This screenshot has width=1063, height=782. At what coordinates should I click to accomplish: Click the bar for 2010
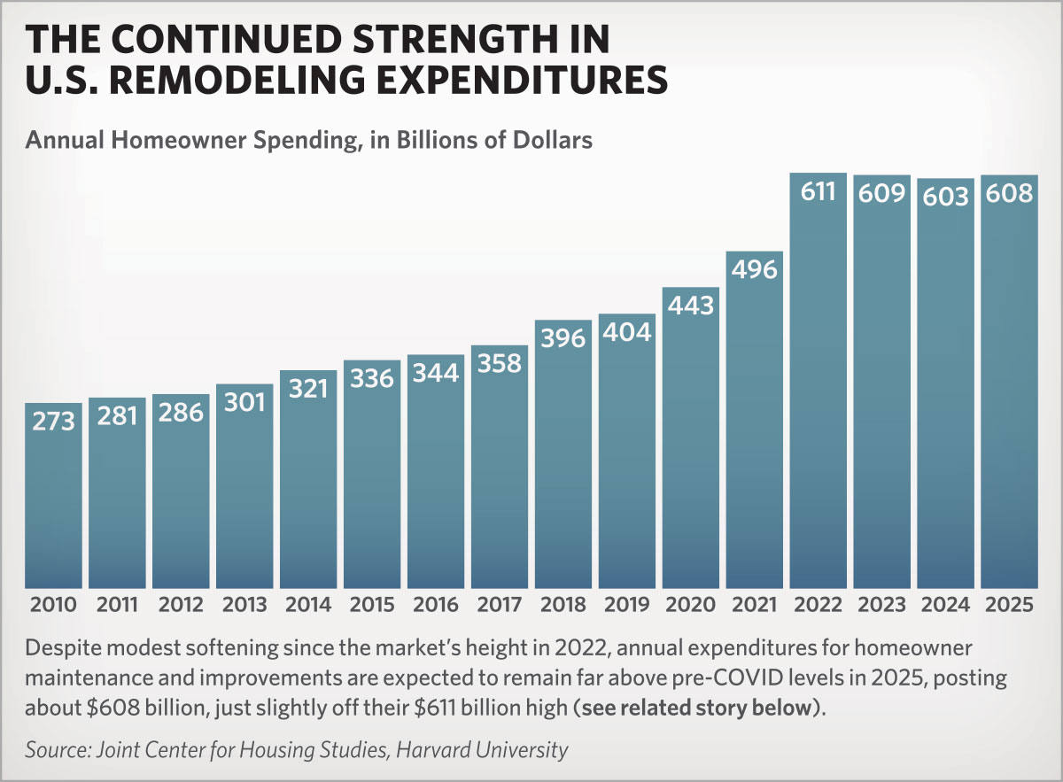click(x=53, y=496)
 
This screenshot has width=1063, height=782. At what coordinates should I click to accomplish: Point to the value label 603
click(x=946, y=196)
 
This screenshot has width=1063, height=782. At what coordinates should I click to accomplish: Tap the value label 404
click(x=627, y=332)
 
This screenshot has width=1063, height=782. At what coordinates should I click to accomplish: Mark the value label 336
click(x=372, y=378)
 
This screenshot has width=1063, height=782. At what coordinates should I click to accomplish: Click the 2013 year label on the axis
click(x=244, y=606)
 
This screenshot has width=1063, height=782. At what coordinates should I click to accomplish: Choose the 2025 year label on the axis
click(x=1010, y=606)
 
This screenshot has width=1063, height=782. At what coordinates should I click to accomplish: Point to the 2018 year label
click(x=563, y=606)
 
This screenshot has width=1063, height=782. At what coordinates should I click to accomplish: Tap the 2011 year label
click(x=117, y=606)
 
